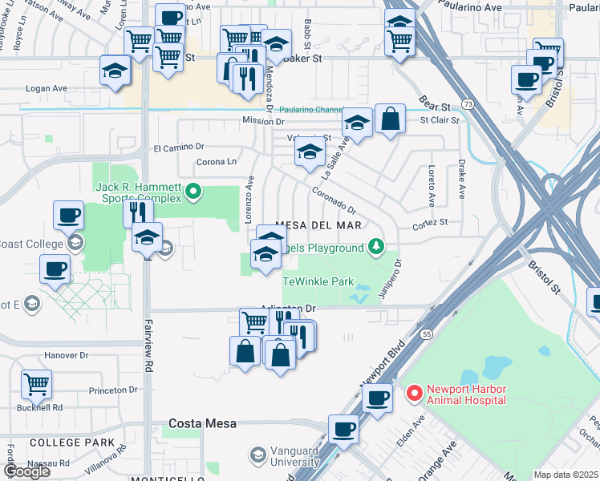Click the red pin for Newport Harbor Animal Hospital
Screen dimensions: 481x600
(x=415, y=393)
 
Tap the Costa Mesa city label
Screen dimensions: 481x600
(x=202, y=423)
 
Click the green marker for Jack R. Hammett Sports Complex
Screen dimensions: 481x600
(x=193, y=192)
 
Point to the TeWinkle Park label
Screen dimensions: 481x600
(x=318, y=282)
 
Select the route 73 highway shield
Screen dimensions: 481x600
(x=467, y=105)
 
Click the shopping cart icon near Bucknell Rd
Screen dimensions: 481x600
(x=37, y=384)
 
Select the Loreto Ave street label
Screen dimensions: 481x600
(x=431, y=184)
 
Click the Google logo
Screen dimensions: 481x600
(x=26, y=471)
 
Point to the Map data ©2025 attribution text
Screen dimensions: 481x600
(x=566, y=475)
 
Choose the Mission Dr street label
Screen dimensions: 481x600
(x=263, y=121)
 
